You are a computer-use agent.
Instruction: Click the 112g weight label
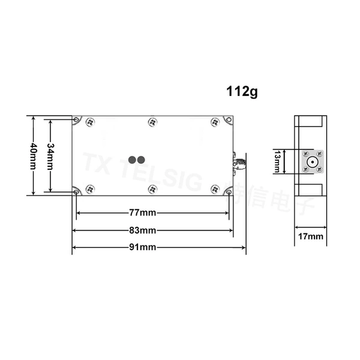click(x=242, y=92)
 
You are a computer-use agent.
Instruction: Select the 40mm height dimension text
click(x=34, y=156)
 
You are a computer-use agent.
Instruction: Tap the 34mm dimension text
click(x=50, y=157)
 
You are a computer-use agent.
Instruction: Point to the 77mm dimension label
click(x=143, y=213)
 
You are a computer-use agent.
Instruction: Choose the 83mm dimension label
click(x=143, y=230)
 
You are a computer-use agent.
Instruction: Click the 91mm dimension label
click(x=143, y=247)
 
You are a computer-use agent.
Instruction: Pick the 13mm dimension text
click(x=277, y=161)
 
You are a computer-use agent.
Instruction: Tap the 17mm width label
click(x=311, y=236)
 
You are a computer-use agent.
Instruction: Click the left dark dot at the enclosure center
click(x=132, y=160)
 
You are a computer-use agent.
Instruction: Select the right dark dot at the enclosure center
click(x=141, y=160)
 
